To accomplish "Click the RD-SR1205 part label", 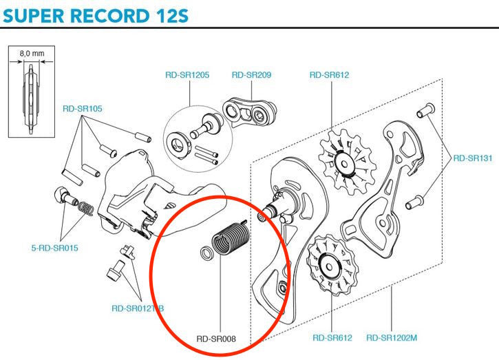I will (187, 75).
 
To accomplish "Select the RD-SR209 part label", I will (251, 75).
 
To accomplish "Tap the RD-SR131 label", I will (472, 158).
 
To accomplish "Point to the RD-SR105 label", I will (82, 108).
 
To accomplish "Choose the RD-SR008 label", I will (217, 338).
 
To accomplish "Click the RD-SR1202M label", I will (393, 338).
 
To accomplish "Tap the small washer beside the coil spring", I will (205, 253).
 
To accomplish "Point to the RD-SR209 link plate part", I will (251, 114).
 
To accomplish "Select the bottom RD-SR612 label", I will (332, 338).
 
